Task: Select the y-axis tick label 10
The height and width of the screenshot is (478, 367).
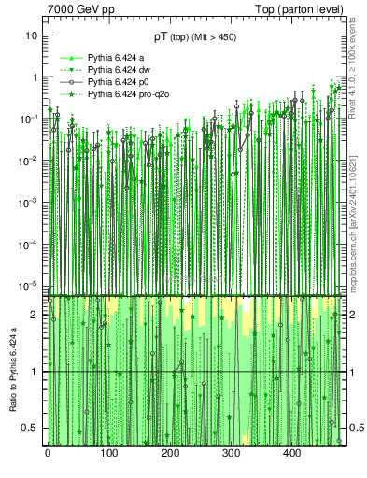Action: (32, 35)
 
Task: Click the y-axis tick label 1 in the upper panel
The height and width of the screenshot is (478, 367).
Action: (35, 77)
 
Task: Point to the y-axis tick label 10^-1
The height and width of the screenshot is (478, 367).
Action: (30, 119)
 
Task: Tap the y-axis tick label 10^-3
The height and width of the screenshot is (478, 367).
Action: (30, 202)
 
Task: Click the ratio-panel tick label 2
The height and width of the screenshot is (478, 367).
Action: (35, 315)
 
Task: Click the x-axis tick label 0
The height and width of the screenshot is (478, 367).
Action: (48, 453)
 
